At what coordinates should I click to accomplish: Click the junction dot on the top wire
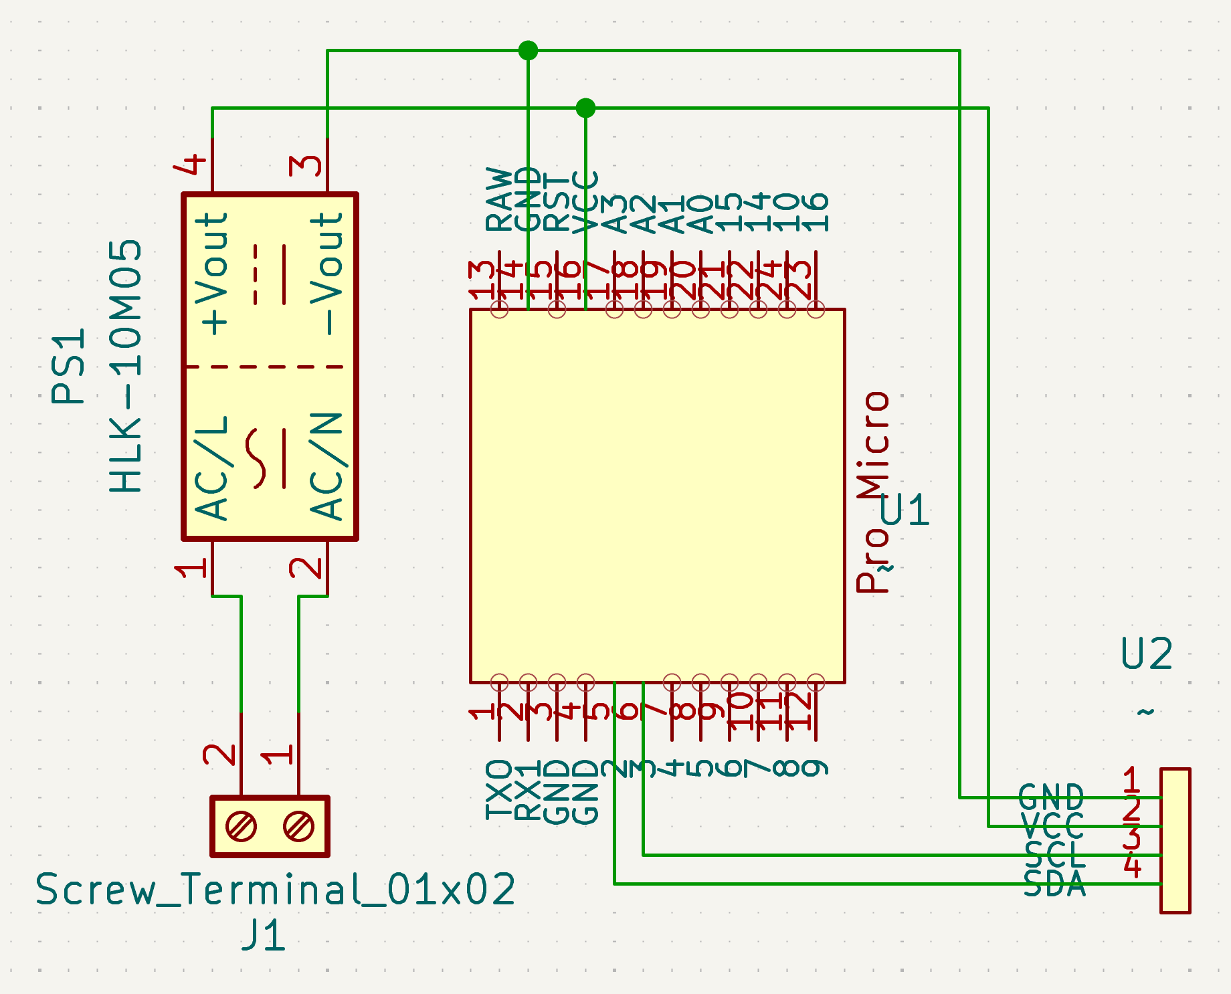pos(528,50)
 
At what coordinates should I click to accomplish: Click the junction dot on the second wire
pos(585,108)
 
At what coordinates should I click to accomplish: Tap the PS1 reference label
pos(68,366)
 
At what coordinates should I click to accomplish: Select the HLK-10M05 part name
pos(125,366)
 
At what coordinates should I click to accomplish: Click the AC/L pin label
pos(213,468)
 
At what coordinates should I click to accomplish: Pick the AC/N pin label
pos(327,466)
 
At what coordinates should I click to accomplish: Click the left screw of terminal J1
pos(241,827)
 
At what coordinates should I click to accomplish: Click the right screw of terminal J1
pos(298,827)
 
